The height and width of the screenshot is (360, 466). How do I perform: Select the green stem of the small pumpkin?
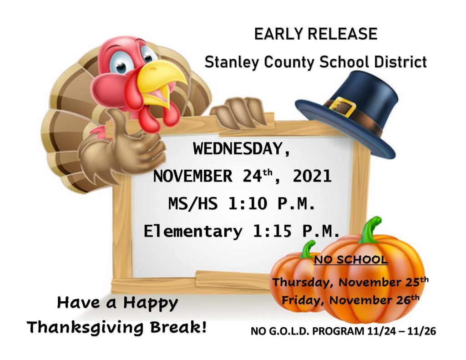307,249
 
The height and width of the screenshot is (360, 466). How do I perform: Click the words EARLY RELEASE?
316,34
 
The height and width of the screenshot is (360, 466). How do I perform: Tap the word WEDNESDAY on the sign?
241,148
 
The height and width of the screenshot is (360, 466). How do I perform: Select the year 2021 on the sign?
312,176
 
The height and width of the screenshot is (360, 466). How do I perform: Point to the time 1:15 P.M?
296,231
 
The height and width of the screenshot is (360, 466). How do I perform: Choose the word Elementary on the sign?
193,232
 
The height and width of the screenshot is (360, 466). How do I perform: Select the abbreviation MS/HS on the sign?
193,204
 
